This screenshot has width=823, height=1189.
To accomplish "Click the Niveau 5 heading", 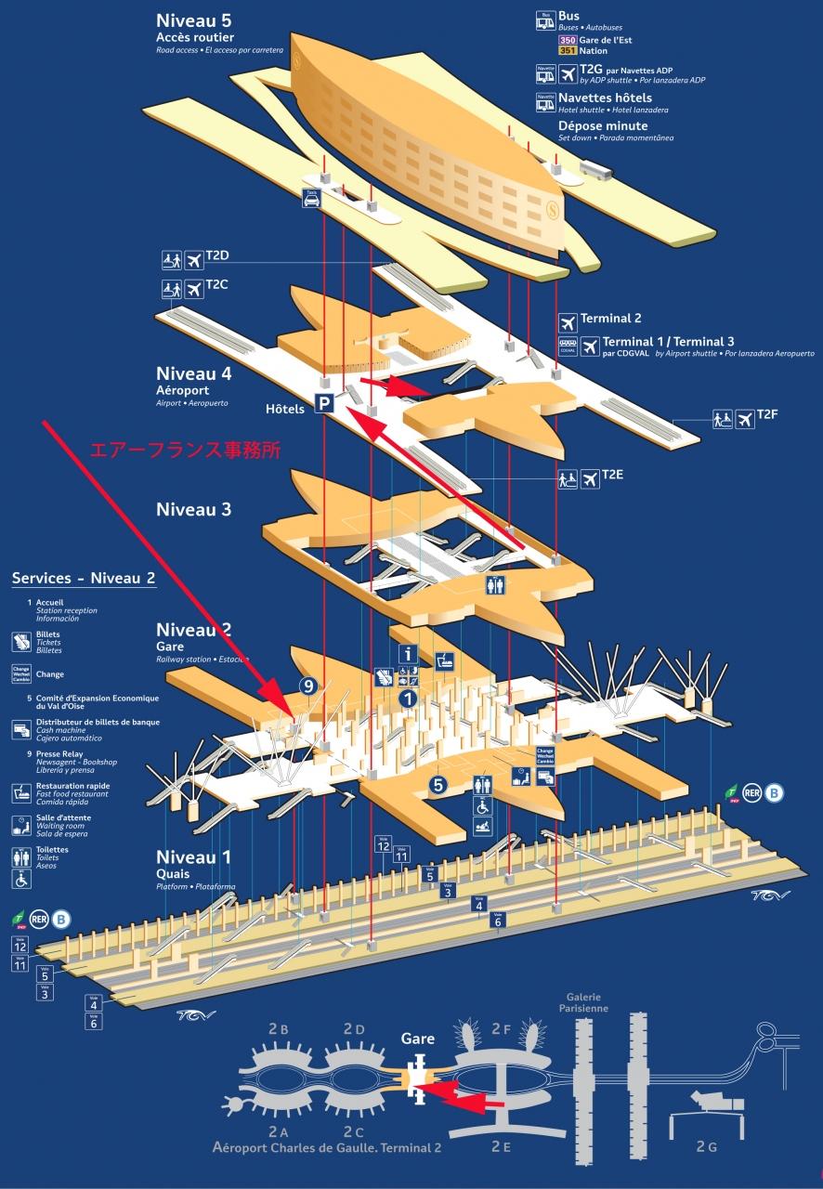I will tap(195, 20).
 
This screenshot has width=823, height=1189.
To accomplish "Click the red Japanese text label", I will tap(184, 450).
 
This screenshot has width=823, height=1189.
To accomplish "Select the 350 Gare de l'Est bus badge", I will tap(568, 40).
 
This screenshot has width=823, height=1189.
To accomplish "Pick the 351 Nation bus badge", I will tap(568, 51).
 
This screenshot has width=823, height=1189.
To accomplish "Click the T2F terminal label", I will tap(766, 414).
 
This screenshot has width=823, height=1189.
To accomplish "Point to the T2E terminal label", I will tap(612, 475).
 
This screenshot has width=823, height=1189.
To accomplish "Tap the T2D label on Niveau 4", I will tap(216, 255).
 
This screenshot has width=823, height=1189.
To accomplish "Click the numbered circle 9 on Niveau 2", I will tap(310, 686).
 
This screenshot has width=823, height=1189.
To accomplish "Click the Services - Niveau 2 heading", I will tap(84, 578).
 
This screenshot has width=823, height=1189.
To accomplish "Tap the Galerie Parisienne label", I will tap(584, 1002).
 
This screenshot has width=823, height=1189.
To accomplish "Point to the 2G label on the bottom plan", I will tap(706, 1147).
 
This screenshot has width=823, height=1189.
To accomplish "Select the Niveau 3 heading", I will tap(193, 509).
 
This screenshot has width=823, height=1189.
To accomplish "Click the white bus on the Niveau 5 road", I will tap(596, 170).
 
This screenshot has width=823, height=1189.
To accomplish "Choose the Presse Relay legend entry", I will tap(60, 753).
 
